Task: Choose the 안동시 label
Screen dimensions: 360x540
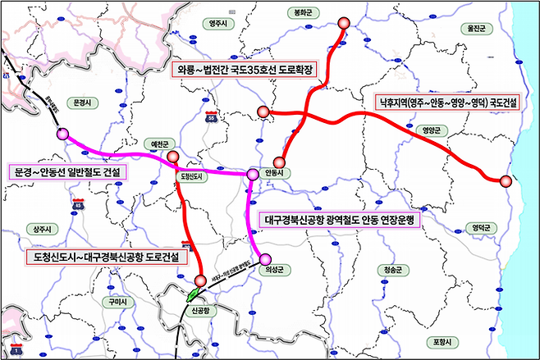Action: (275, 173)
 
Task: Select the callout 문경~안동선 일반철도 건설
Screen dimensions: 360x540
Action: (67, 172)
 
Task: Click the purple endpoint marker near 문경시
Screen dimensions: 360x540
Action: (62, 134)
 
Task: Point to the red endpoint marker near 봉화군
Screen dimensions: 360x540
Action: (342, 23)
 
